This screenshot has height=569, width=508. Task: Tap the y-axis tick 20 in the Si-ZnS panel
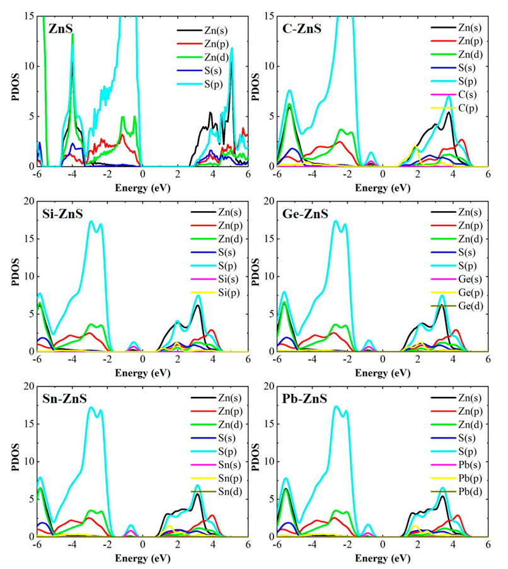(x=27, y=201)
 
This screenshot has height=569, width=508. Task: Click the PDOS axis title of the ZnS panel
(x=9, y=91)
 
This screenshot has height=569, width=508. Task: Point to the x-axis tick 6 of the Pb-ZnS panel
(x=488, y=547)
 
